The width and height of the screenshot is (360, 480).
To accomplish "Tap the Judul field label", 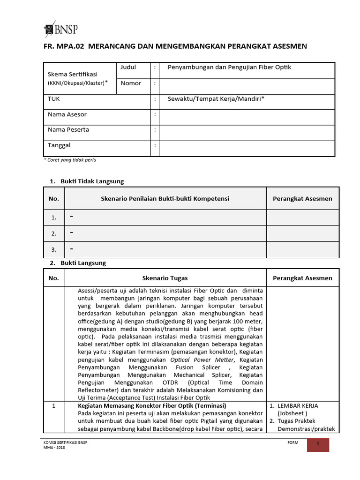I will coord(128,67).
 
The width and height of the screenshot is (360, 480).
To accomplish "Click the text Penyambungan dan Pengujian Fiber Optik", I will coord(229,67).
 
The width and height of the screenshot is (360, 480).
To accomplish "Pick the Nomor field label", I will coord(131,83).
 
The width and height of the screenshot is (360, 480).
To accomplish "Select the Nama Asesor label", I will coord(67,114).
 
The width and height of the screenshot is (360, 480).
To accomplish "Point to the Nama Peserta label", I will coord(68,130).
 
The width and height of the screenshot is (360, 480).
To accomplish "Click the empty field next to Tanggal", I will coord(247,148).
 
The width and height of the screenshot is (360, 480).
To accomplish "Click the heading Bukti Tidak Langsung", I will coord(92,181).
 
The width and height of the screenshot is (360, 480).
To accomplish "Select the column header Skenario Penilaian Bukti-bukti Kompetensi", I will coord(165,199).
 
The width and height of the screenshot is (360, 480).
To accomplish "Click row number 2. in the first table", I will coord(54,233).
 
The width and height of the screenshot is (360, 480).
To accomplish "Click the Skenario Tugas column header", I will coord(165,278).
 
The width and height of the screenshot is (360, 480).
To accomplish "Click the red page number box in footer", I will coord(318,445).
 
